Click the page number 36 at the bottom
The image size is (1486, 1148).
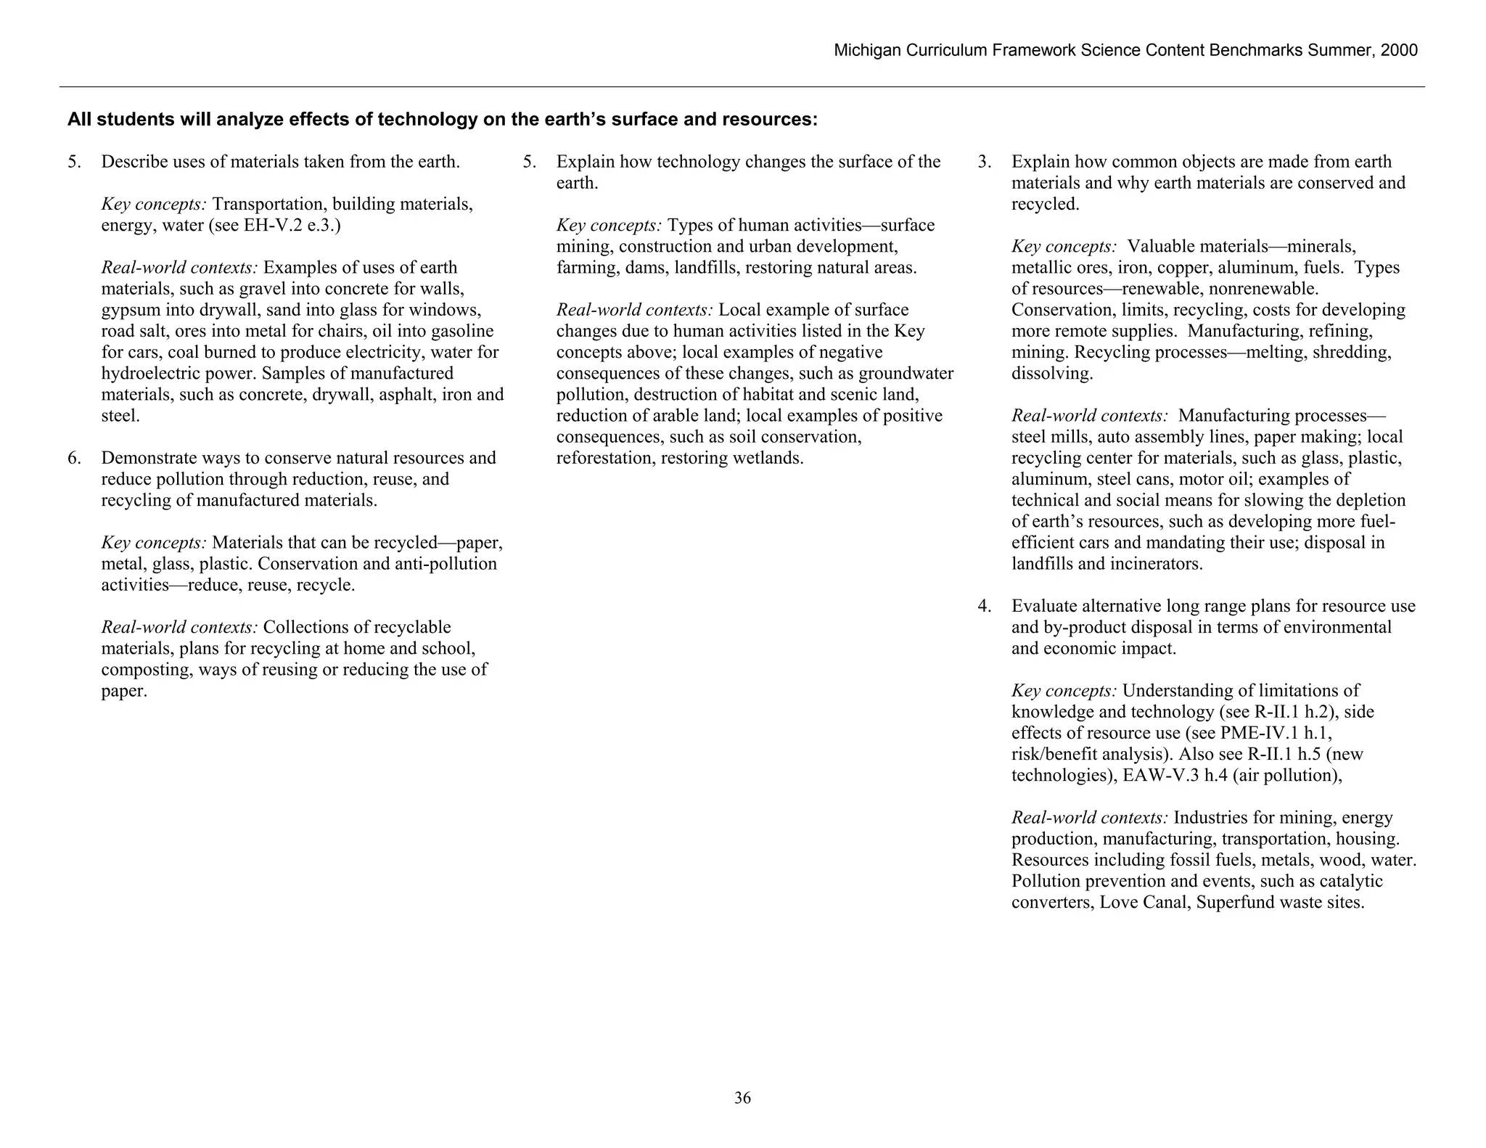pyautogui.click(x=742, y=1098)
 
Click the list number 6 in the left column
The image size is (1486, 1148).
pyautogui.click(x=73, y=458)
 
